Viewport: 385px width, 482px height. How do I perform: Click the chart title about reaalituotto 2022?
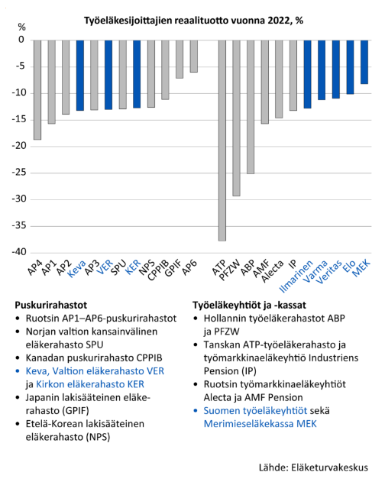[194, 21]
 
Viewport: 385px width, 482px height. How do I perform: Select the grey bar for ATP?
[222, 141]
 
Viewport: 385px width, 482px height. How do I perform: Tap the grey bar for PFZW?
[236, 118]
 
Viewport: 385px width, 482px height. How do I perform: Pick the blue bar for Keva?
[80, 76]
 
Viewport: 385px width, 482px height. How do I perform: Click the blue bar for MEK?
[364, 62]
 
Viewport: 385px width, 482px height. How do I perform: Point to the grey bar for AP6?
[193, 57]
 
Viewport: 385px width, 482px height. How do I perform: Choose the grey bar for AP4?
[37, 90]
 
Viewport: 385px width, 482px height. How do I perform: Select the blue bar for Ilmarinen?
[307, 74]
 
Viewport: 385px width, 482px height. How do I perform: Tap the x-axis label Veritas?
[329, 272]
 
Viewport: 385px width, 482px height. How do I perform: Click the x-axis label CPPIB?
[158, 270]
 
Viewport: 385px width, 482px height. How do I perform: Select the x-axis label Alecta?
[272, 271]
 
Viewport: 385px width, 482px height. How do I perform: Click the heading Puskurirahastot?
[51, 306]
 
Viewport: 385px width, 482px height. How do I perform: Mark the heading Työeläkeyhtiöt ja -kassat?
[249, 306]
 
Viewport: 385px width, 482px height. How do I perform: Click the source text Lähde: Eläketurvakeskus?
[313, 467]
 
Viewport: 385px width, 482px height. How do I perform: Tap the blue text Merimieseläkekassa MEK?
[260, 424]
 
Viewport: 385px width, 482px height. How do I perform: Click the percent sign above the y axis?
[21, 27]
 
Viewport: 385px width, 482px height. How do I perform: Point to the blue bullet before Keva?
[18, 371]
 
